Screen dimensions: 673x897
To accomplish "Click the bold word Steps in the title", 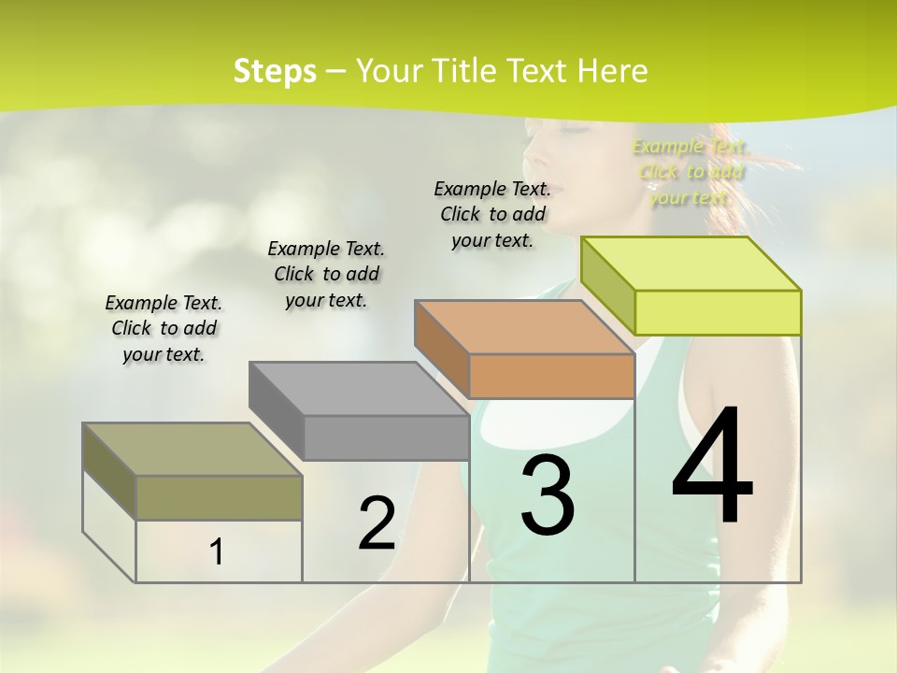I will coord(275,71).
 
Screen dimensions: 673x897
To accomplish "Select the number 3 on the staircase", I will coord(548,495).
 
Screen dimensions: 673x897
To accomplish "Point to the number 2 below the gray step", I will coord(377,523).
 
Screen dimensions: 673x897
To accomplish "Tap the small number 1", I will coord(217,551).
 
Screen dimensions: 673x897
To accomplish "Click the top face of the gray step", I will coord(359,388).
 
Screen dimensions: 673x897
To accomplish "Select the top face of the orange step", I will coord(524,327).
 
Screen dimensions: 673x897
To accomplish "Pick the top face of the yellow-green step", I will coord(691,264).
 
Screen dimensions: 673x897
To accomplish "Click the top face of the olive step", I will coord(192,450).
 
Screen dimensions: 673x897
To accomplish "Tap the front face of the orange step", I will coord(551,377).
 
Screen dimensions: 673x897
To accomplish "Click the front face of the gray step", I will coord(386,437).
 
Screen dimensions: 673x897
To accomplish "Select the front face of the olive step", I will coord(219,497).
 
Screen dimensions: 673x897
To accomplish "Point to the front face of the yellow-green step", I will coord(718,312).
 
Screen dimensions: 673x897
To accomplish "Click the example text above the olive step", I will coord(164,328).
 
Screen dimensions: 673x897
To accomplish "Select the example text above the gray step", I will coord(326,274).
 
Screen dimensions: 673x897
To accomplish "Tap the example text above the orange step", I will coord(492,214).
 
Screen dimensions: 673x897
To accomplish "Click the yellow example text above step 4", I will coord(691,171).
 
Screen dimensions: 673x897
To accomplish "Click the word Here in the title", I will coord(613,71).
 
